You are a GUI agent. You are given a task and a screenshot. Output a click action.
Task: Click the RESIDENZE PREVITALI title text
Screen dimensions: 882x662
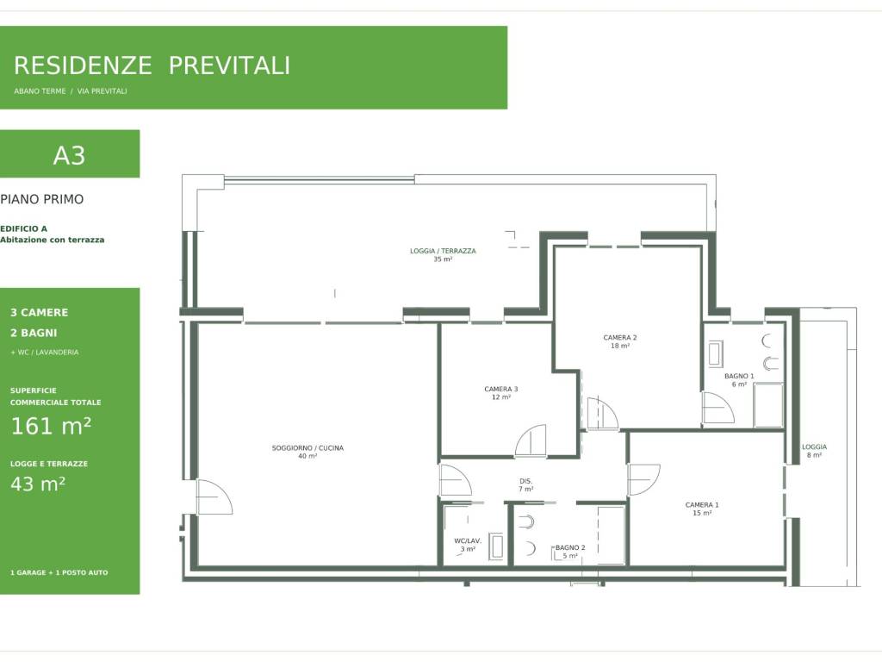pos(152,66)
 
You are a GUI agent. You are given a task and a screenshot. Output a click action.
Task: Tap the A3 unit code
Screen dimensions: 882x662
pos(69,155)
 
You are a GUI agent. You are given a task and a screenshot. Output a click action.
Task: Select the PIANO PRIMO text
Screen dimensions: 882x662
pos(42,199)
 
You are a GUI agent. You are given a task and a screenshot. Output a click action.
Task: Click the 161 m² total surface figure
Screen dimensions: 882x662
pos(51,426)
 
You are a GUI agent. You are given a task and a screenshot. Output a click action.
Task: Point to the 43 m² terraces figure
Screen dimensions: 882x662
pos(38,484)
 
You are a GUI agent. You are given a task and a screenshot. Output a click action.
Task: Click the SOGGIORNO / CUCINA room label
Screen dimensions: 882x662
pos(307,448)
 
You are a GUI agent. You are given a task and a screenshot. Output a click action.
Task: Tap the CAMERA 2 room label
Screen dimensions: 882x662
pos(620,338)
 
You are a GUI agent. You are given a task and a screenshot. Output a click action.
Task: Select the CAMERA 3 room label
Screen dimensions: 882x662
pos(501,389)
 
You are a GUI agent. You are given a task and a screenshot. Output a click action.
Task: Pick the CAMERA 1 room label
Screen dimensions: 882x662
pos(702,505)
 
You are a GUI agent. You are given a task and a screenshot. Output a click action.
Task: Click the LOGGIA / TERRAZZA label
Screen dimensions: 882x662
pos(443,251)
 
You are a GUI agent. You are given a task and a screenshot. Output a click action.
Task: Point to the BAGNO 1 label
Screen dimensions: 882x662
pos(739,376)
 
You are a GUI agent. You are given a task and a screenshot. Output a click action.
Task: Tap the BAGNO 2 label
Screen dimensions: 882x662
pos(570,547)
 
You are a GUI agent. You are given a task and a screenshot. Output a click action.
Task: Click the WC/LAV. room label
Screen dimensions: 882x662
pos(468,541)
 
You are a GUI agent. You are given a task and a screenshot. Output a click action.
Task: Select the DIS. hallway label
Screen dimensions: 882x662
pos(526,481)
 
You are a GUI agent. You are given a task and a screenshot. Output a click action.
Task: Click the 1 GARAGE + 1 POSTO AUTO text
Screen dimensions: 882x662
pos(59,572)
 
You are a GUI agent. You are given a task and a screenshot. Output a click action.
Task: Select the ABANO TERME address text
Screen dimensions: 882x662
pos(40,91)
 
